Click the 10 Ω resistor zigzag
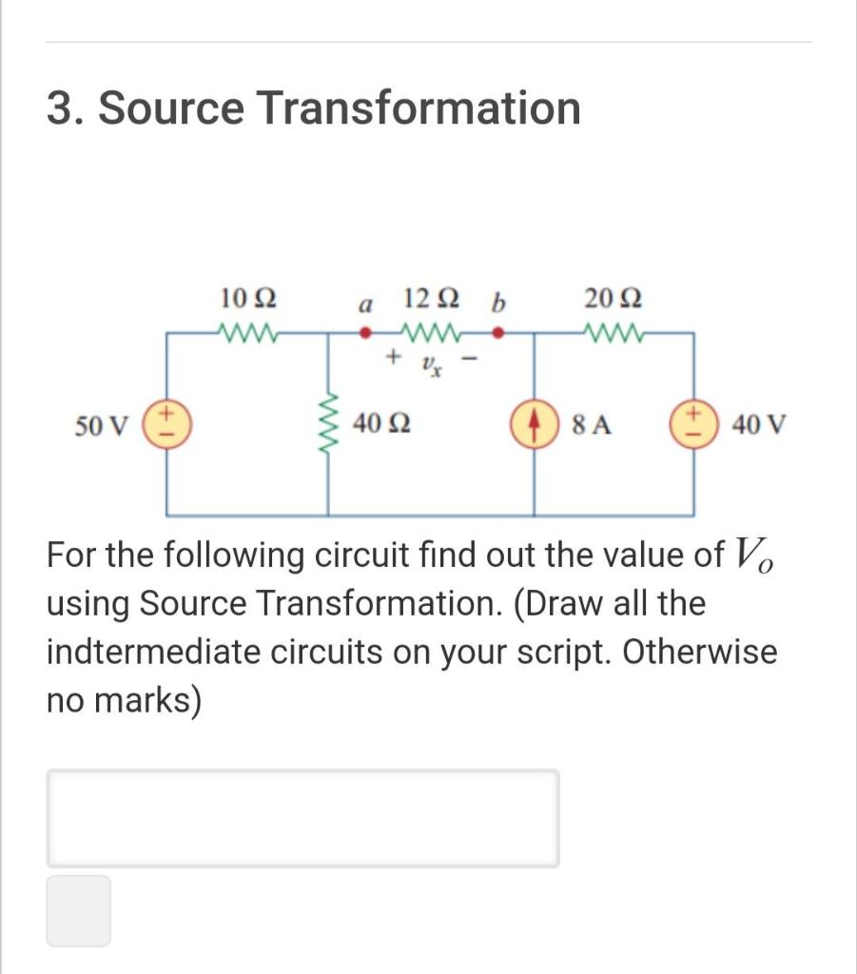pyautogui.click(x=248, y=334)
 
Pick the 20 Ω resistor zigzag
pyautogui.click(x=612, y=334)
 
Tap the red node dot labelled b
pyautogui.click(x=497, y=334)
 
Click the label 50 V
pyautogui.click(x=102, y=425)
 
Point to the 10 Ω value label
pyautogui.click(x=248, y=299)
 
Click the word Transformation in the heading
pyautogui.click(x=419, y=107)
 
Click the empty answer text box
pyautogui.click(x=302, y=818)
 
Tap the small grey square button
pyautogui.click(x=78, y=910)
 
